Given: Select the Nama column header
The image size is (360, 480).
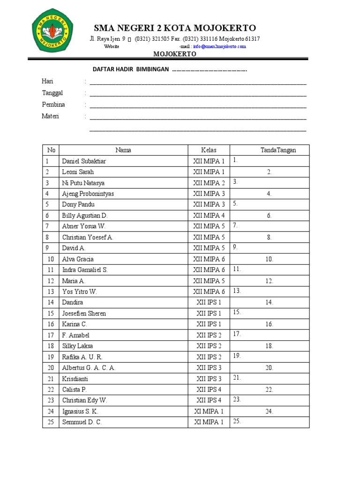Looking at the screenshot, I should click(x=123, y=150).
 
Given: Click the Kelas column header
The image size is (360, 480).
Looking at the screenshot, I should click(x=209, y=150).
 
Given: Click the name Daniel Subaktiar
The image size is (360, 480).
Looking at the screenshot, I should click(x=84, y=161).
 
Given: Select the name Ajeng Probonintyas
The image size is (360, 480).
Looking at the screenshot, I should click(x=88, y=194).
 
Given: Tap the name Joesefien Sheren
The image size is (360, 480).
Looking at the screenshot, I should click(x=84, y=313).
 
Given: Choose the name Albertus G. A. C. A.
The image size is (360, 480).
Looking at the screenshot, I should click(x=89, y=367).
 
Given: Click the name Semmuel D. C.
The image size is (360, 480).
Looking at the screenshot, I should click(x=82, y=422).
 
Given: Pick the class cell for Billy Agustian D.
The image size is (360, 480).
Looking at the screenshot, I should click(x=209, y=216).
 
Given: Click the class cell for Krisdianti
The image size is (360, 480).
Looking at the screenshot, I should click(x=209, y=378).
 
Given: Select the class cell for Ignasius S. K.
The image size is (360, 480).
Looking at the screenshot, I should click(x=209, y=411).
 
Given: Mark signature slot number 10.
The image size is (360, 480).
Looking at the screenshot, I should click(x=270, y=259).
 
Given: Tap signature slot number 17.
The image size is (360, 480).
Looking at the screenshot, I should click(x=237, y=334).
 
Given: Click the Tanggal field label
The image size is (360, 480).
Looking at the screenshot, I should click(x=52, y=93).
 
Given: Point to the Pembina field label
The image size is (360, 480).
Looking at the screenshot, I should click(x=53, y=105).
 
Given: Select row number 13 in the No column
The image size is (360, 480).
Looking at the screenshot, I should click(x=51, y=292).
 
